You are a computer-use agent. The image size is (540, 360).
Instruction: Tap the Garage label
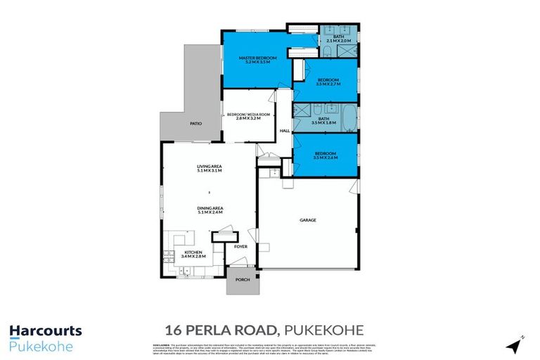point(308,221)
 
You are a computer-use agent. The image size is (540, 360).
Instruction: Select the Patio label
point(195,124)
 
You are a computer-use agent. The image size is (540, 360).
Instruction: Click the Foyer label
point(241,247)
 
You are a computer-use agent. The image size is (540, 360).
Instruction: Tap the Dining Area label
point(209,207)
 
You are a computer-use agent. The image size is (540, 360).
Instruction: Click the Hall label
point(285,131)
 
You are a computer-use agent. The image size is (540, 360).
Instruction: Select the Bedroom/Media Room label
point(243,115)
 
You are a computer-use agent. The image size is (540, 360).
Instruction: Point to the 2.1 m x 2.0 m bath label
point(339,38)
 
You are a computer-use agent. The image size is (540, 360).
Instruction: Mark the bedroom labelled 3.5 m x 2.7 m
point(328,82)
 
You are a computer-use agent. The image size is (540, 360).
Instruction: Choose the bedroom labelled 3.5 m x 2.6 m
point(325,155)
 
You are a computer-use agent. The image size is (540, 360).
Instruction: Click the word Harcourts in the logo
point(46,330)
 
